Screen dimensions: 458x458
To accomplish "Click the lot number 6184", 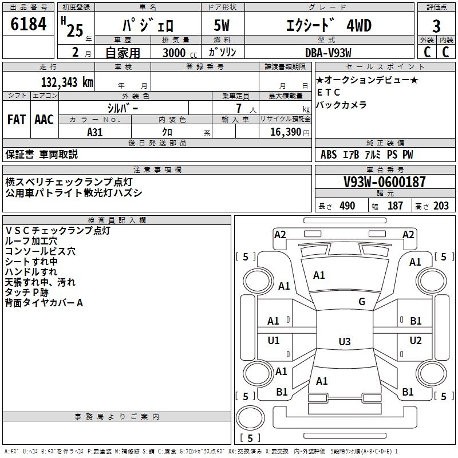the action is click(28, 24).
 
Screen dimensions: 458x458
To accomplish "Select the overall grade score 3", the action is click(436, 26).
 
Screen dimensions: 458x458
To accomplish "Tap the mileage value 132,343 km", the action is click(67, 82).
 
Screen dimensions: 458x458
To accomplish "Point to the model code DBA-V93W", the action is click(328, 53).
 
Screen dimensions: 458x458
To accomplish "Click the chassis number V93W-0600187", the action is click(384, 182).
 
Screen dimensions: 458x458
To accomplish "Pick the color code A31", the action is click(94, 132).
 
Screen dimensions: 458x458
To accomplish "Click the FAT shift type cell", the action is click(17, 120).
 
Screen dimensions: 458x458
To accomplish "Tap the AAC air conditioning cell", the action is click(44, 120).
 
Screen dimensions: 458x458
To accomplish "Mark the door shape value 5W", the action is click(222, 25).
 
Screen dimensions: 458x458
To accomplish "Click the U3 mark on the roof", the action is click(345, 341).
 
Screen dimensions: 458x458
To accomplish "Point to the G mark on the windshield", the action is click(362, 302).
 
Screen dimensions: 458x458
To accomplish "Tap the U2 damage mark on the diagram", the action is click(416, 340).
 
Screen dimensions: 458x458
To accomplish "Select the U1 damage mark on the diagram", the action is click(274, 340).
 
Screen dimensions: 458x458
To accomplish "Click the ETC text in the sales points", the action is click(329, 92).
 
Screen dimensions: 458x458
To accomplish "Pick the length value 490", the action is click(348, 206).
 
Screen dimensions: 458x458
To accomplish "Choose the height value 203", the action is click(441, 206).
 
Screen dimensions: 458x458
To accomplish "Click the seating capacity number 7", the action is click(239, 108).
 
